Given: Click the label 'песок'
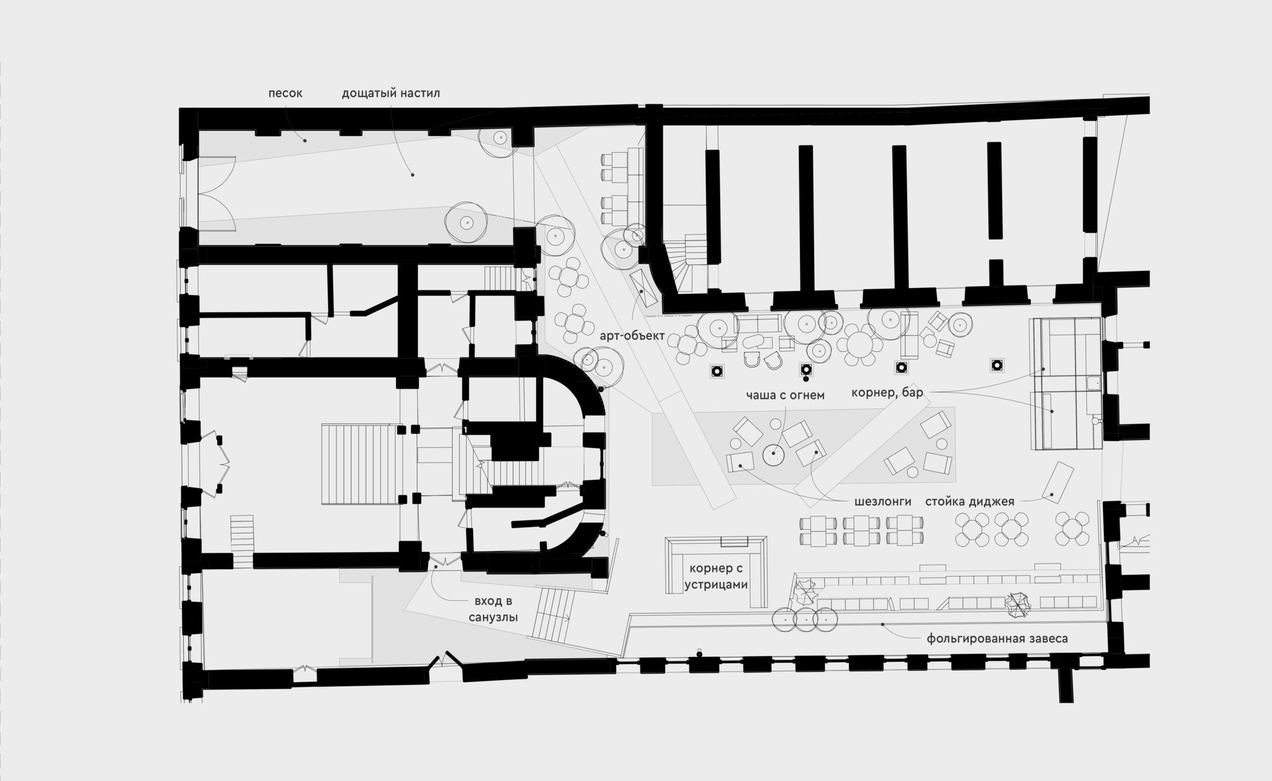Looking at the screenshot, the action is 285,93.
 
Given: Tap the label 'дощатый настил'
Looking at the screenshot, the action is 391,93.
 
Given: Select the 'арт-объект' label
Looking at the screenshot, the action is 632,335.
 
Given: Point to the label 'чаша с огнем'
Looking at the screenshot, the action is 785,395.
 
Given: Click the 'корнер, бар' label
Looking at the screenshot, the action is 887,393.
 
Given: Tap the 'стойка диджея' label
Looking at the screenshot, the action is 969,502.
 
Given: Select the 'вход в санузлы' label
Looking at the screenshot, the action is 493,609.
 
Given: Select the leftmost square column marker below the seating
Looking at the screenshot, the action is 717,371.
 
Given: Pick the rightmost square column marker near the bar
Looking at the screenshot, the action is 996,365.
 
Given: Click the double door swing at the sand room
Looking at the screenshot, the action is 218,192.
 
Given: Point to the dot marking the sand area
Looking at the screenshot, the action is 305,140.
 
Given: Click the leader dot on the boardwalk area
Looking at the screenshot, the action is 412,175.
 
